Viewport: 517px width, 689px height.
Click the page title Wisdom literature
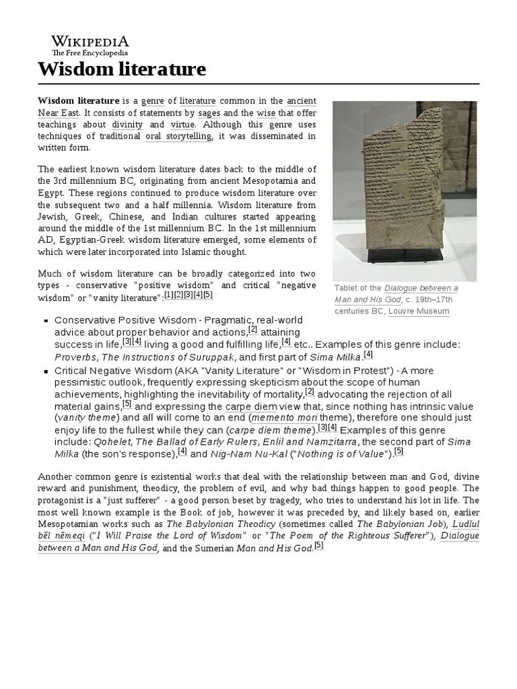(x=122, y=69)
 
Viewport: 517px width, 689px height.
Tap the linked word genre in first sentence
(x=153, y=100)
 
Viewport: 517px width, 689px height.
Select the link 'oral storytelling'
(x=178, y=136)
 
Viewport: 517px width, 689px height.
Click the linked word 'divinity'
(x=127, y=124)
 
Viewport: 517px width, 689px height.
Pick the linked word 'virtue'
(x=184, y=124)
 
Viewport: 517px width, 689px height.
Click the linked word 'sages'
(x=209, y=112)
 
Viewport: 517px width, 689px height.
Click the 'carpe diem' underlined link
(x=247, y=406)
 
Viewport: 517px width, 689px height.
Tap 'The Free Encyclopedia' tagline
(x=90, y=52)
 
